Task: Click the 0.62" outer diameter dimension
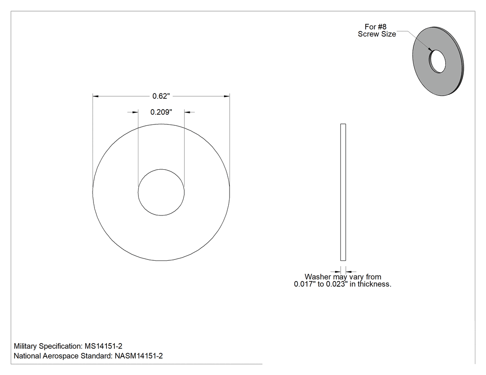point(161,96)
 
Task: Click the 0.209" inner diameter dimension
point(161,112)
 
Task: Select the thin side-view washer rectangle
point(343,192)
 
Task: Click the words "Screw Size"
point(377,34)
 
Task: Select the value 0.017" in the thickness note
point(305,284)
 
